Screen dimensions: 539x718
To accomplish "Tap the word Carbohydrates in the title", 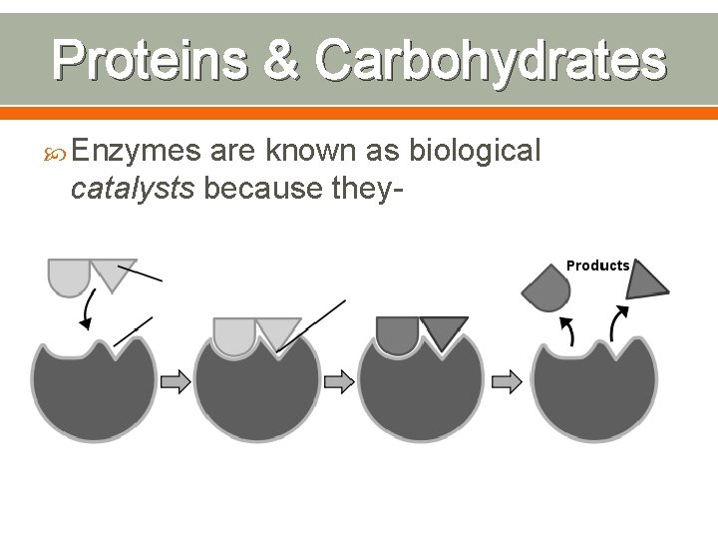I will click(x=490, y=60).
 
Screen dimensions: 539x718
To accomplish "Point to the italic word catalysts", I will click(x=133, y=187).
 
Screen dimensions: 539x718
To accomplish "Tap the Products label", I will click(x=598, y=266).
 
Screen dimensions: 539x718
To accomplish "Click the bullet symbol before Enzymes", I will click(x=58, y=153).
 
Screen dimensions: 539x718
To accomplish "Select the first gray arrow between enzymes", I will click(x=176, y=380).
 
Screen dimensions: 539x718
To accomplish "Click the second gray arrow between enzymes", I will click(x=339, y=380).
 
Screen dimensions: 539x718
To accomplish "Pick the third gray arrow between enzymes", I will click(x=507, y=380).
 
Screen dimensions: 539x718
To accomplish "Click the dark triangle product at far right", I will click(x=646, y=281).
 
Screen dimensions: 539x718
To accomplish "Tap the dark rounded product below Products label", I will click(x=546, y=289).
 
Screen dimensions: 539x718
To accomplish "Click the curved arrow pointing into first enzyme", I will click(x=89, y=310).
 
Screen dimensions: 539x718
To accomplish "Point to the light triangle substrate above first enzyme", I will click(x=113, y=270).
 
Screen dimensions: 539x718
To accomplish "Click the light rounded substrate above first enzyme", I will click(x=69, y=275).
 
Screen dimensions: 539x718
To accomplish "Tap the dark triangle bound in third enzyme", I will click(x=444, y=330).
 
